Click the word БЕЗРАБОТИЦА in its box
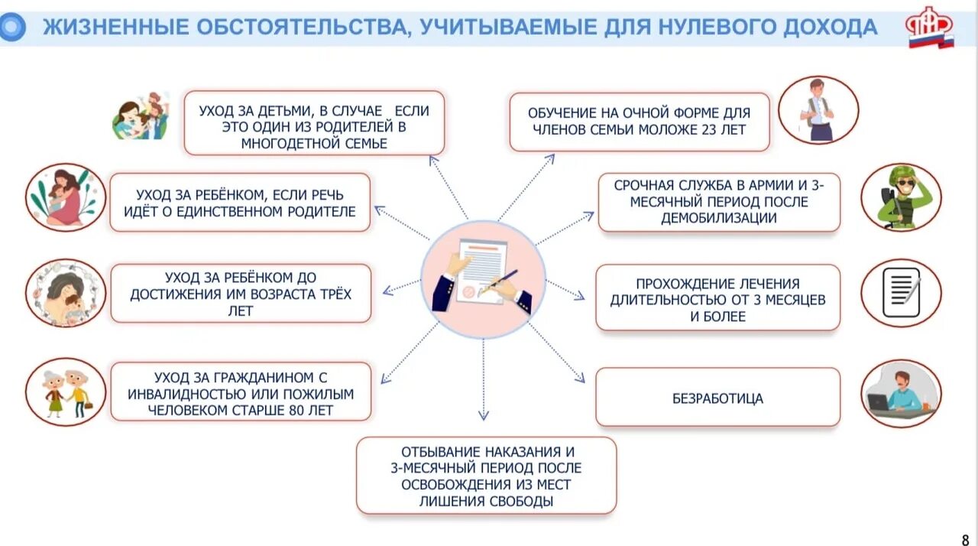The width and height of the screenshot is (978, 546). pos(717,398)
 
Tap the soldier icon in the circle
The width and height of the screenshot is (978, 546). pos(901,197)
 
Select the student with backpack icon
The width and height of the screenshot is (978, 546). pos(818,110)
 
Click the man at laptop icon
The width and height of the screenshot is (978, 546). pos(901,393)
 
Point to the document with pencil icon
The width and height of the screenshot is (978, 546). pos(901,293)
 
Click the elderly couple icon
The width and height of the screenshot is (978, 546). pos(66,392)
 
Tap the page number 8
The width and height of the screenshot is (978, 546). pos(965,538)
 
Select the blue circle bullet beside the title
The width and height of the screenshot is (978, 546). pos(13,28)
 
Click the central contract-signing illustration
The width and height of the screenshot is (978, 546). pos(483,278)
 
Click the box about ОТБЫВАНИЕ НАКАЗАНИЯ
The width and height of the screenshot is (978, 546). pos(486,476)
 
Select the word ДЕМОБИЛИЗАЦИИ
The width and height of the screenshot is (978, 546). pos(719,218)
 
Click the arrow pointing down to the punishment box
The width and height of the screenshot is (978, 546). pos(484,382)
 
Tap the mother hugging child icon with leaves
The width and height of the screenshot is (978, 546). pos(66,197)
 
